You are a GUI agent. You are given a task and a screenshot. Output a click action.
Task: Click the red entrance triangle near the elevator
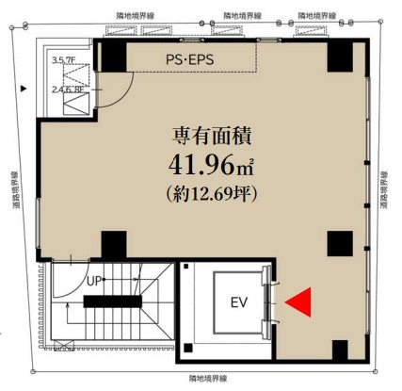(300, 302)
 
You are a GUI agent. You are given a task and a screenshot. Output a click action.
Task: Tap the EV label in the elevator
(239, 302)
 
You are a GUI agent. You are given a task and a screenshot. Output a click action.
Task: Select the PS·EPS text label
(190, 59)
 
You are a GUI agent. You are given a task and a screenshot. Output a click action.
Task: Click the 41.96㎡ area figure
(211, 165)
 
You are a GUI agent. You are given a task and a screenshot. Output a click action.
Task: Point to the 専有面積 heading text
(212, 136)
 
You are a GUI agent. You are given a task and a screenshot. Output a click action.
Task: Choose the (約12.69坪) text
(212, 193)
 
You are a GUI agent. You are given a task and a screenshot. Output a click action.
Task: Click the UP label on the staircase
(94, 281)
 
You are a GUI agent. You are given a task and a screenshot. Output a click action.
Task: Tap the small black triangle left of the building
(24, 89)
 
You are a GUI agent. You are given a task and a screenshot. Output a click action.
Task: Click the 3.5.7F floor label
(64, 60)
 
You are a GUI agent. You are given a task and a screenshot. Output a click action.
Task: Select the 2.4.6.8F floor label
(68, 90)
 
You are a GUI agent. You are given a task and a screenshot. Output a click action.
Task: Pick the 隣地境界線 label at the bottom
(208, 379)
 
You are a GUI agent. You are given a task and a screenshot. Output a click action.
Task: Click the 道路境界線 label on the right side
(384, 189)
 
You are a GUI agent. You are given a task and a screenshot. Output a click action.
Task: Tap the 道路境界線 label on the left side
(16, 190)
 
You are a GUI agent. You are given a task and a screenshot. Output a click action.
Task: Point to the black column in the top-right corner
(340, 57)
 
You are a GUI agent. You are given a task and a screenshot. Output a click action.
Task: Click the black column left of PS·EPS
(114, 56)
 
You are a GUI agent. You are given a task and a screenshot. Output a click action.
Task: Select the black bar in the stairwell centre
(113, 301)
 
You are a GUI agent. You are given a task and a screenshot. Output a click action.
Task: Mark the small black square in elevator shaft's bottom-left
(188, 348)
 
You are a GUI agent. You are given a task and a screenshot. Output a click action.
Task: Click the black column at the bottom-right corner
(340, 350)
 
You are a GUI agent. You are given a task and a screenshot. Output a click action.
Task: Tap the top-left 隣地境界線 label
(136, 16)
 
